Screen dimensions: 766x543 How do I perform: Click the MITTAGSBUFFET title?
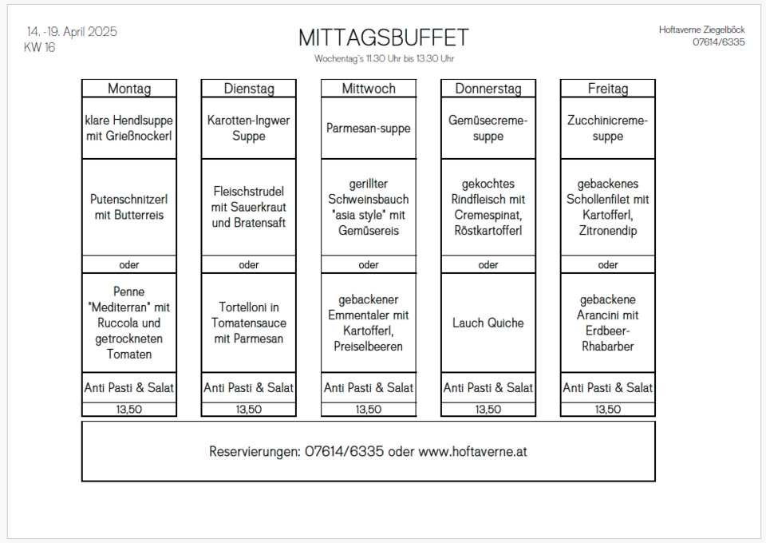click(384, 38)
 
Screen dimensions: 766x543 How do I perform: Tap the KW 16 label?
click(40, 47)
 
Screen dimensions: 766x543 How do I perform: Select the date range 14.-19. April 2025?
click(72, 32)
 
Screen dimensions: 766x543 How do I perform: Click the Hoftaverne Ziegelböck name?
click(701, 30)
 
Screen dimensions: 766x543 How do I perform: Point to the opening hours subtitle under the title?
click(384, 58)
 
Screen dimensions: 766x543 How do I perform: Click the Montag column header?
click(129, 89)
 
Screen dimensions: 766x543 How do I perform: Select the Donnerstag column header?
click(488, 89)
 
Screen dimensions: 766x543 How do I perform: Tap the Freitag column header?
click(608, 89)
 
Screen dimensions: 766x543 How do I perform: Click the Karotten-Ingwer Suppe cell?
click(249, 128)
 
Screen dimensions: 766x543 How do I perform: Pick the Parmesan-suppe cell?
click(369, 128)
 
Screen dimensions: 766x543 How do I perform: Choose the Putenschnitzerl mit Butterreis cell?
click(129, 208)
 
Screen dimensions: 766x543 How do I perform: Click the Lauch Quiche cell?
click(488, 323)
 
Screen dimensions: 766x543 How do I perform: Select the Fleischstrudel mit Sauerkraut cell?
click(249, 208)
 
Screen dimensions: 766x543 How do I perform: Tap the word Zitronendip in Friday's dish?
click(608, 231)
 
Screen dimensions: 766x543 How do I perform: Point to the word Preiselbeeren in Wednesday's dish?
click(369, 347)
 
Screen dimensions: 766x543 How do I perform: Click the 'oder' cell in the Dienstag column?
click(249, 264)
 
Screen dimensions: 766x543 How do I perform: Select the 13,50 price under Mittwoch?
click(369, 410)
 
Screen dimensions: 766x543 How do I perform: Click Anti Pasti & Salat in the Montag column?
click(129, 388)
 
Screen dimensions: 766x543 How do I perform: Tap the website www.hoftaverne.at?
click(473, 452)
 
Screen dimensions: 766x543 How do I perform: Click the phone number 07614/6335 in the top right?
click(719, 42)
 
